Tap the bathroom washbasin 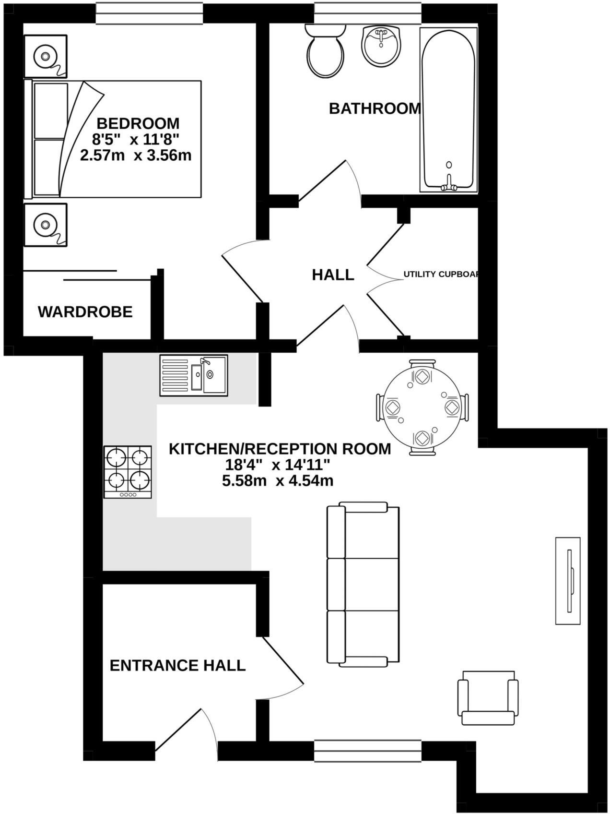point(381,46)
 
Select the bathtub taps point(449,184)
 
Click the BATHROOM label point(375,108)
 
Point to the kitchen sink point(194,375)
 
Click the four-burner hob point(128,472)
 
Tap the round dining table point(422,407)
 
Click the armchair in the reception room point(488,697)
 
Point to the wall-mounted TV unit point(568,581)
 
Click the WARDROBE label point(85,312)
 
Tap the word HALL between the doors point(333,275)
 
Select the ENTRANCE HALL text point(177,666)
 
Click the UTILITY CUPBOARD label point(440,275)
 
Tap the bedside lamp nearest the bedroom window point(45,56)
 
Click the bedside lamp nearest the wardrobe point(45,224)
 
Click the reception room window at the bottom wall point(368,751)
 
